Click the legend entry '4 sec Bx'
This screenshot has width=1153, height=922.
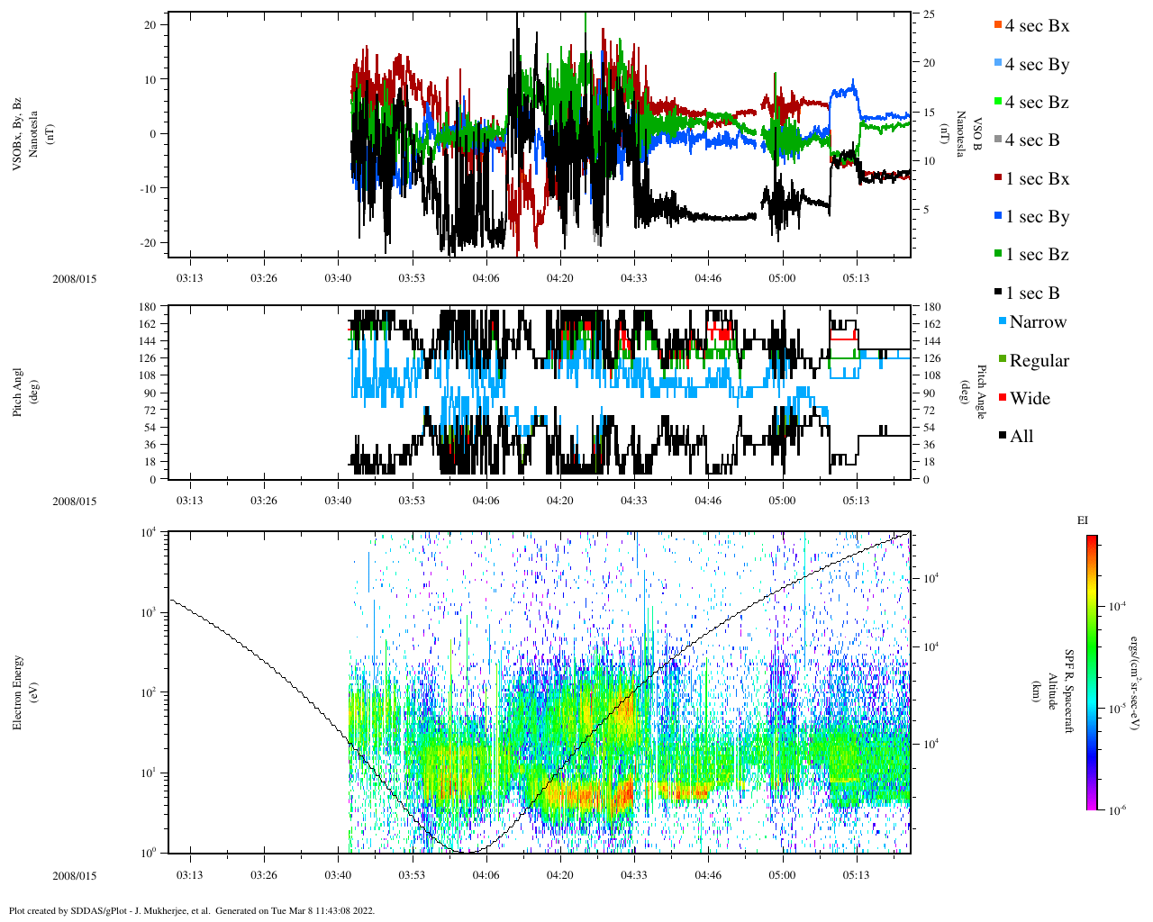[1036, 26]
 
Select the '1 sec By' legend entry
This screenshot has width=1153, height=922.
[1037, 217]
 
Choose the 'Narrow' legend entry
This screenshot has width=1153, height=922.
[1037, 322]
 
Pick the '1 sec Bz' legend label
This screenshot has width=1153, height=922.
[1037, 255]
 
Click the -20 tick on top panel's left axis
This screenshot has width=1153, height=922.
[149, 243]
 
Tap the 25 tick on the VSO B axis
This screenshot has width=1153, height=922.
[928, 14]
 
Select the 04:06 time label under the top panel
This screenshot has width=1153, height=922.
[486, 278]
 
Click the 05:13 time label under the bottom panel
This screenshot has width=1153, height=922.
[856, 875]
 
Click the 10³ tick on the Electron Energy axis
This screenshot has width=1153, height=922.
[148, 612]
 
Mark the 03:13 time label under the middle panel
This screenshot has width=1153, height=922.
[189, 501]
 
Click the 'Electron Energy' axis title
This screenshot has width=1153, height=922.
[18, 691]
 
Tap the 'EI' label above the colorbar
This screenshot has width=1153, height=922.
[1082, 520]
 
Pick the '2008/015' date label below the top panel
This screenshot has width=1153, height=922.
[74, 279]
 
